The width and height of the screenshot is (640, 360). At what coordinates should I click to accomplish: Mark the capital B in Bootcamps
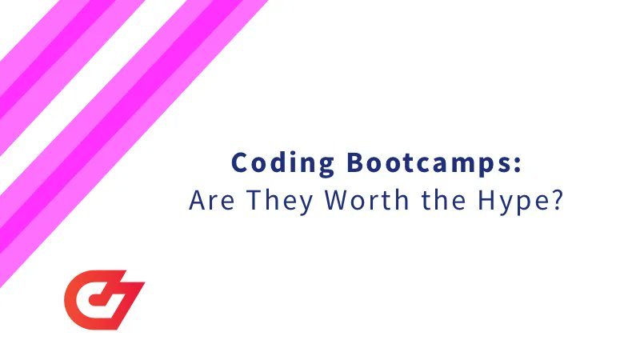[x=356, y=163]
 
